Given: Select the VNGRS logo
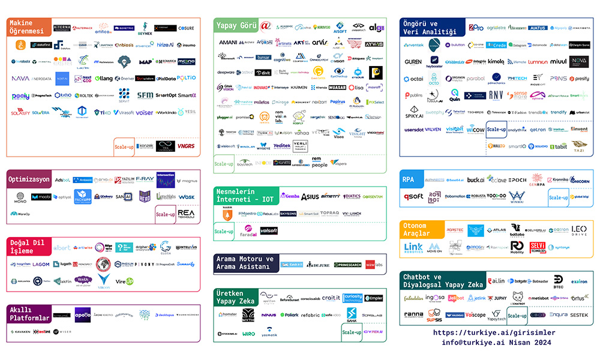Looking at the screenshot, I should tap(186, 146).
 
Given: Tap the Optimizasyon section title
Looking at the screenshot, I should tap(29, 179).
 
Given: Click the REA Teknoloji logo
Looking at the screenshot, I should tap(186, 214).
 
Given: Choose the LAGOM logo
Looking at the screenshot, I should tap(41, 264).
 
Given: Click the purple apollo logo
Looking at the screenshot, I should tap(82, 313).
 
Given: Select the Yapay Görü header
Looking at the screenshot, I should tap(236, 26).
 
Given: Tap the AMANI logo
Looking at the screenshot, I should tap(228, 43).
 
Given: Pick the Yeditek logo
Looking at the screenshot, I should tap(282, 146).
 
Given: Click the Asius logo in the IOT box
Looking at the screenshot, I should tap(310, 196).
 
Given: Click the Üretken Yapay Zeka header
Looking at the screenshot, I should tap(235, 298).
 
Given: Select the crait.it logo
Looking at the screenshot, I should tap(331, 298).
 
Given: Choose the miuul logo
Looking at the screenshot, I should tap(558, 61).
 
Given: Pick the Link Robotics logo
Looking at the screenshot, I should tap(413, 247).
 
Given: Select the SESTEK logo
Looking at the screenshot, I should tap(579, 314).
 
